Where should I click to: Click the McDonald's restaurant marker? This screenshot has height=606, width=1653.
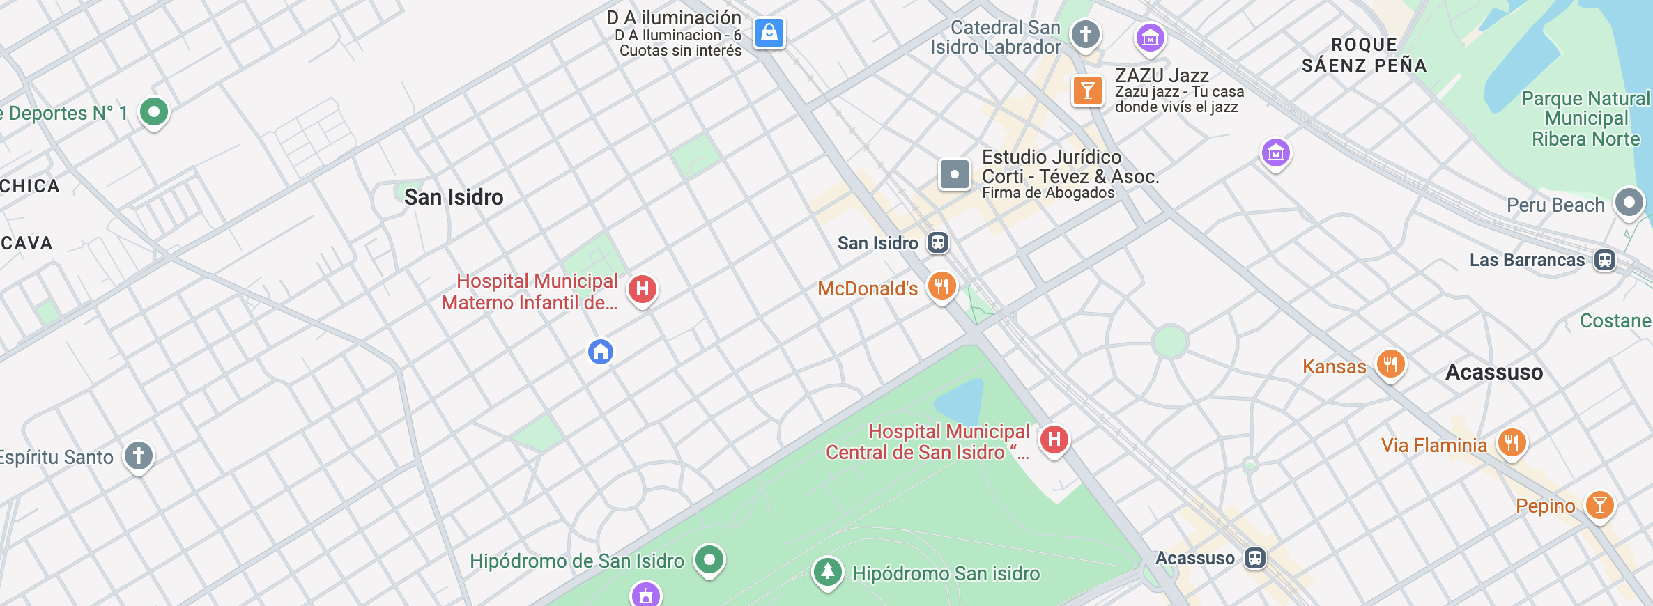point(941,286)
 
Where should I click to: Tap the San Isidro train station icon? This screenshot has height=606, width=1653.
point(938,242)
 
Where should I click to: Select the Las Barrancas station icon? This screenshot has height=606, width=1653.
point(1605,260)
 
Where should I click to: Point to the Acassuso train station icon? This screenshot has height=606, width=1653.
point(1255,558)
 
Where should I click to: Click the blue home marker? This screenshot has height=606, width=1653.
point(601,352)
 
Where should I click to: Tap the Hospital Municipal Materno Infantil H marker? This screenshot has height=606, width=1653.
point(643,288)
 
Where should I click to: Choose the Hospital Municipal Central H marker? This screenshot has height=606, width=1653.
point(1054,440)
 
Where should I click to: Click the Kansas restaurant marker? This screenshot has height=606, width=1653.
point(1390,364)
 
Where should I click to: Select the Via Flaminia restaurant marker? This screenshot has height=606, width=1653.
point(1512,442)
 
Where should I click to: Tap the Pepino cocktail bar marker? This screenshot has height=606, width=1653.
point(1600,504)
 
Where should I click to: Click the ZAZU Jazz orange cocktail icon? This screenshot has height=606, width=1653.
point(1087,91)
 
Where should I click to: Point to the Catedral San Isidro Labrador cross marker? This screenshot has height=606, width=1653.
point(1085,34)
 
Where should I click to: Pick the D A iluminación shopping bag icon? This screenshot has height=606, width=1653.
point(769,33)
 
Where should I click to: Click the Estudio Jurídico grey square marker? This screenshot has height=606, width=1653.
point(955,174)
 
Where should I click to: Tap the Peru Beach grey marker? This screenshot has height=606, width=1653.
point(1629,203)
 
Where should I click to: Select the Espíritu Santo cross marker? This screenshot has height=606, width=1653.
point(139,456)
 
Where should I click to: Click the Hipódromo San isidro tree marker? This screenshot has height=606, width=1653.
point(827,572)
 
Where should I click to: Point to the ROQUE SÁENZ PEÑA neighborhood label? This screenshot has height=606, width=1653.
point(1364,55)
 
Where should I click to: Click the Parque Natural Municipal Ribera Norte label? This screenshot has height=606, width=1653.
point(1585,118)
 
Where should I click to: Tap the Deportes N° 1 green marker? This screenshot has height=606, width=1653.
point(154,111)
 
